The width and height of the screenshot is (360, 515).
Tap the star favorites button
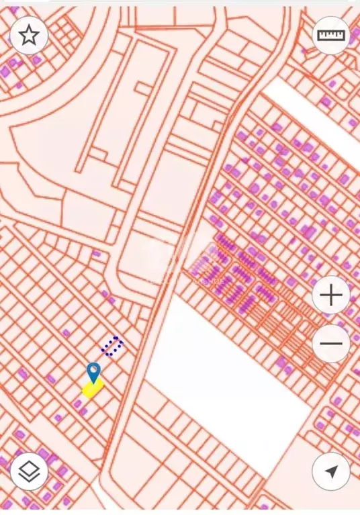tap(28, 35)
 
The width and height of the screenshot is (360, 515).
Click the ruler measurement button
tap(330, 35)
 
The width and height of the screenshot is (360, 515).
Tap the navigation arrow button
tap(330, 471)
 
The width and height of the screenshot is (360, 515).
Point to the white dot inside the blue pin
tap(93, 369)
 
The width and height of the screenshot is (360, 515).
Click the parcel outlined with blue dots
tap(111, 346)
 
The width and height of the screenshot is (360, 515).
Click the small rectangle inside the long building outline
tap(143, 88)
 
